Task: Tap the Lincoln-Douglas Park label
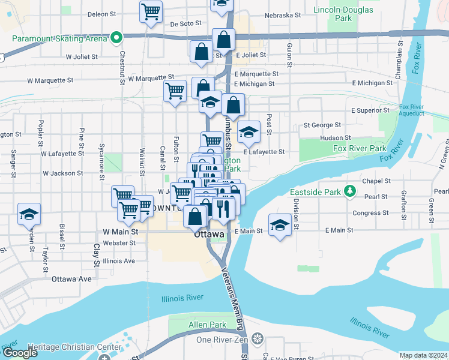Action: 343,14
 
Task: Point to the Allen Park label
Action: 207,325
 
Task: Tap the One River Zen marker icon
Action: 258,340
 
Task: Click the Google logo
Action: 20,353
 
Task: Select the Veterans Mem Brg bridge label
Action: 232,300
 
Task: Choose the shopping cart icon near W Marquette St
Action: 175,91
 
